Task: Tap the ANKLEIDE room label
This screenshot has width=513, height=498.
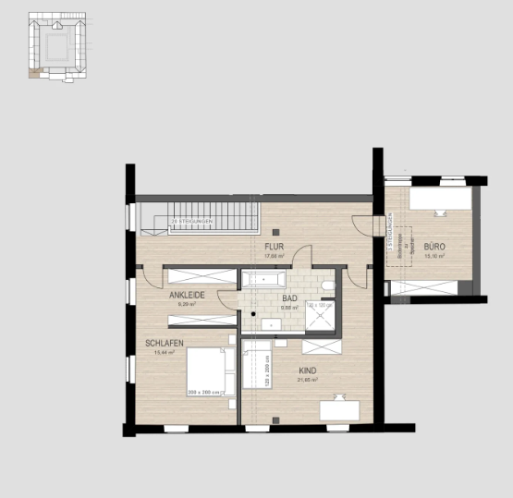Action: tap(186, 295)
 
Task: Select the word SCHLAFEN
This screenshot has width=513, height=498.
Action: tap(164, 343)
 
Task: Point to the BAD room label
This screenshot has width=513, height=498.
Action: tap(289, 299)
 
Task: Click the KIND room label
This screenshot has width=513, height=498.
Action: tap(307, 370)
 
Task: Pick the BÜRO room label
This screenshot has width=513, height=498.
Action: tap(434, 248)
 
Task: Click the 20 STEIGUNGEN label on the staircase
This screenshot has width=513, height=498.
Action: tap(192, 222)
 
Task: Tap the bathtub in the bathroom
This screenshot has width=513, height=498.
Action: tap(268, 278)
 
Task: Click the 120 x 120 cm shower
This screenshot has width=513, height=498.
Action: tap(320, 316)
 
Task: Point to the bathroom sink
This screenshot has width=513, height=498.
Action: tap(272, 323)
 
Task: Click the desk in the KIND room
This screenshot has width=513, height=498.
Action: tap(339, 407)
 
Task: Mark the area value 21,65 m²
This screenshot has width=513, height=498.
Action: tap(307, 380)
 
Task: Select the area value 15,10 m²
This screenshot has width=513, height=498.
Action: tap(434, 257)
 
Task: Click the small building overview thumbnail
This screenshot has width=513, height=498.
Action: tap(55, 45)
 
